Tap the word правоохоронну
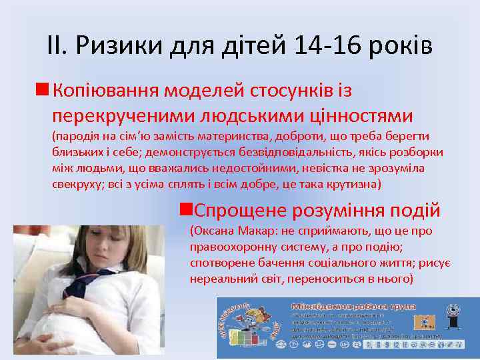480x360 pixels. pos(230,247)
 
